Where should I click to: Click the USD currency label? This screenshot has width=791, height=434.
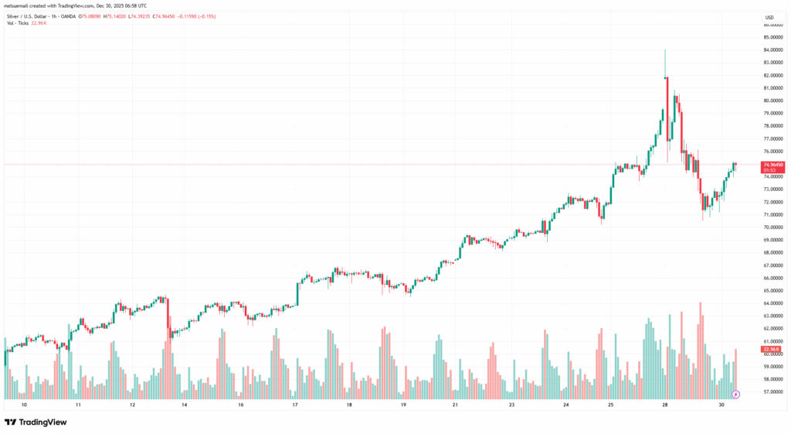769,17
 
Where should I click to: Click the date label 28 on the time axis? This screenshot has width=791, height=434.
665,405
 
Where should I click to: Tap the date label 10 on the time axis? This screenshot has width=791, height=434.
24,405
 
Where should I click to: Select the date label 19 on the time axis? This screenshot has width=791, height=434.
403,405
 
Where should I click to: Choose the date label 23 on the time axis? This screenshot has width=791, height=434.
511,405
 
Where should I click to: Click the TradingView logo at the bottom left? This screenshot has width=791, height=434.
36,422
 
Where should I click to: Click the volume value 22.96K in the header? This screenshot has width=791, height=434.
39,23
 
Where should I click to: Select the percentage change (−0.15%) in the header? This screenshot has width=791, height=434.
226,15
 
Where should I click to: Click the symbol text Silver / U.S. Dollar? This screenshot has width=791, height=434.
30,15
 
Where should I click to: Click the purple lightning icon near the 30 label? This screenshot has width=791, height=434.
735,394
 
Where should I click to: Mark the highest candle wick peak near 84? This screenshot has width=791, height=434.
665,50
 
